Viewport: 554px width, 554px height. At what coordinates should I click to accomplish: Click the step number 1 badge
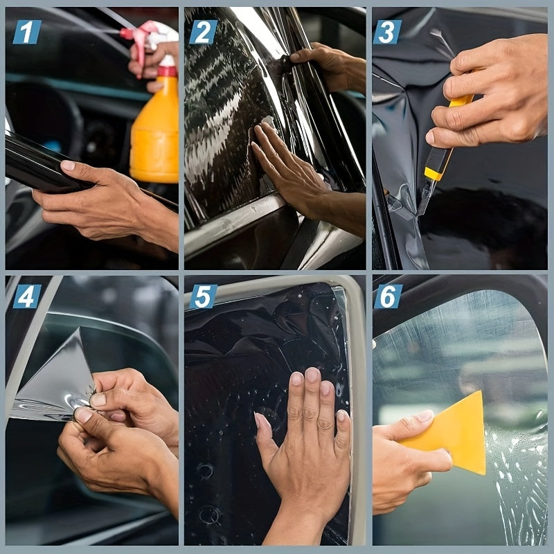27,32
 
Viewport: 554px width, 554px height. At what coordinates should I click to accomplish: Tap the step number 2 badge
203,32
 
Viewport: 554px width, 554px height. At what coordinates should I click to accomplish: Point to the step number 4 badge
27,296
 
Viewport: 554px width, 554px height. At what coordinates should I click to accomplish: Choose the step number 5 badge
203,296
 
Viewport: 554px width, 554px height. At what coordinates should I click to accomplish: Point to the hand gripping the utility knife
485,97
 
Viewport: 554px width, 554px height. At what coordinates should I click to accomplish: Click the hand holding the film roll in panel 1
104,204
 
